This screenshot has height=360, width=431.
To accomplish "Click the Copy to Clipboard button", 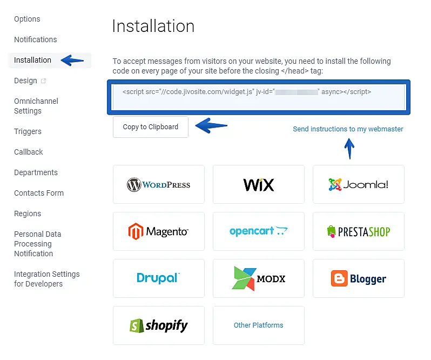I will coord(150,127).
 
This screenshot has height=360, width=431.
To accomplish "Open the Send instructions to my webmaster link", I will coord(348,129).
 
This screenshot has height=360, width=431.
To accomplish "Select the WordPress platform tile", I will coord(159,184).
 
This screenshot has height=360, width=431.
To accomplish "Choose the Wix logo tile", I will coord(259,184).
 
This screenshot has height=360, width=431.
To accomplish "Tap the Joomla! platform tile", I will coord(358,184).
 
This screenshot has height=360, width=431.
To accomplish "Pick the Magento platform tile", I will coord(159,231).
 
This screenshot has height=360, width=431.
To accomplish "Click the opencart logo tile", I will coord(259,231).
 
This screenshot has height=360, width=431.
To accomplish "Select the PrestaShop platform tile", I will coord(358,231).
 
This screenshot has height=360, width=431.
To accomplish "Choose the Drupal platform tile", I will coord(159,278).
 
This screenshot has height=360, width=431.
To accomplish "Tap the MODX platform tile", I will coord(259,278).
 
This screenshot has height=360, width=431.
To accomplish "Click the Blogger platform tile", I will coord(358,278).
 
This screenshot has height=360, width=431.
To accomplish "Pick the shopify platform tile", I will coord(159,325).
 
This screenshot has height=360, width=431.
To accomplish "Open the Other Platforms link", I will coord(258,325).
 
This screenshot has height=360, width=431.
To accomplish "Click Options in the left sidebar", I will coord(27,19).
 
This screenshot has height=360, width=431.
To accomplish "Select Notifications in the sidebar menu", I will coord(35,39).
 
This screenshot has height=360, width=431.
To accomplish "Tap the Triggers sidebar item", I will coord(28,131).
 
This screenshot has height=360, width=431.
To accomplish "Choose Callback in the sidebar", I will coord(29,152).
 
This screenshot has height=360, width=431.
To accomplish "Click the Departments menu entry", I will coord(36,172).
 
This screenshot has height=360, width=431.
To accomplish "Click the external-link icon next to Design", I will coord(44,81).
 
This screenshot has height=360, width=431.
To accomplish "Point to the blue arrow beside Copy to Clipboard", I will coord(211,126).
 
